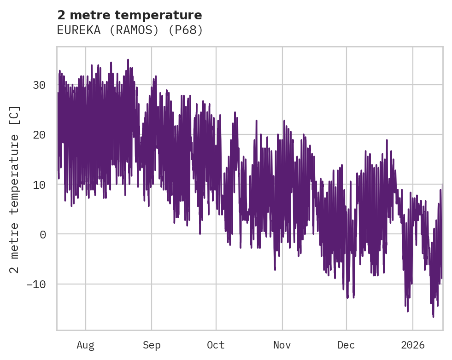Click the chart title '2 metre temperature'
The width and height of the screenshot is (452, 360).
point(129,15)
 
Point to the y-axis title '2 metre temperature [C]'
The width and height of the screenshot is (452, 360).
point(15,189)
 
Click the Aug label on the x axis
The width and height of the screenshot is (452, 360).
point(85,345)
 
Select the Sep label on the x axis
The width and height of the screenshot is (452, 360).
point(152,345)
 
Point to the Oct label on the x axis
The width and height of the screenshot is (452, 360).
point(216,345)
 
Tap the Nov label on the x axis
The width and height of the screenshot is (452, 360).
point(282,345)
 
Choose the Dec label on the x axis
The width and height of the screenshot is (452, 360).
point(346,345)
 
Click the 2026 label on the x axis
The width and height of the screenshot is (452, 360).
point(413,345)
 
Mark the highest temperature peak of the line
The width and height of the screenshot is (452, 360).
point(128,60)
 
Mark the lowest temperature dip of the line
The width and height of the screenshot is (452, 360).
point(433,317)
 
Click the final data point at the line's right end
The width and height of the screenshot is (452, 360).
point(442,185)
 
